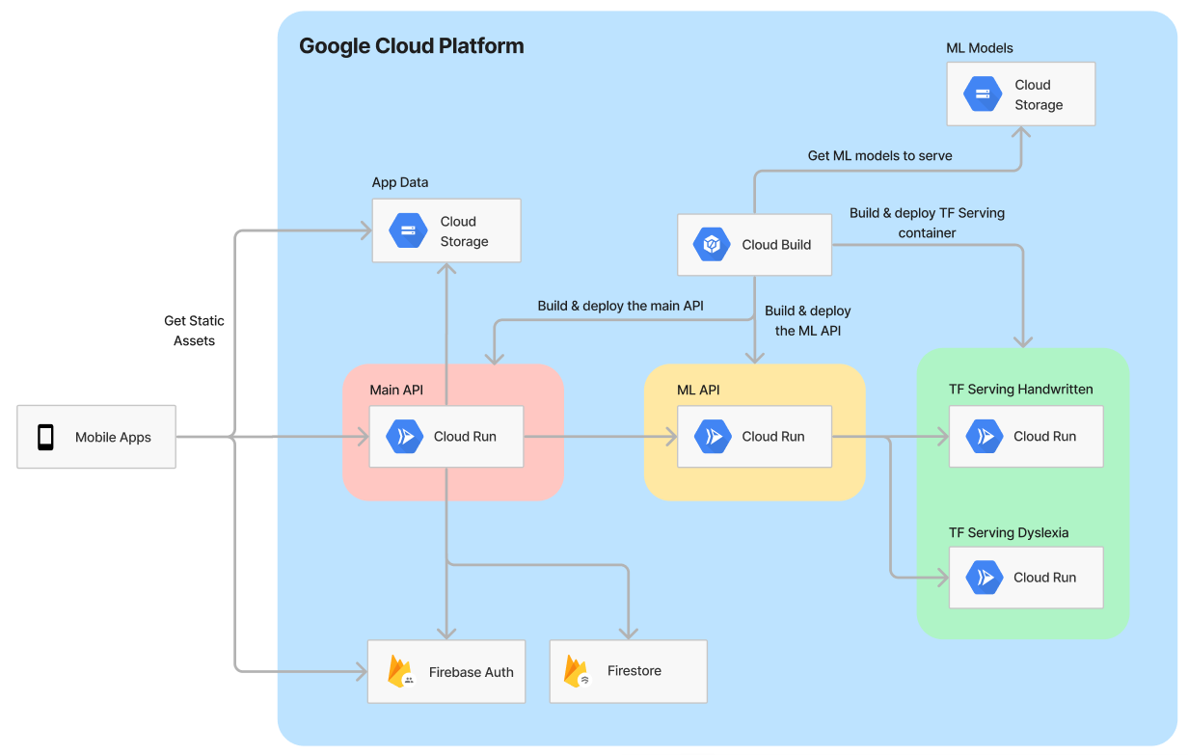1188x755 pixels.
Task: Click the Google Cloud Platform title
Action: [x=411, y=46]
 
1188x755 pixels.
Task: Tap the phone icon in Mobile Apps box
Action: [x=45, y=437]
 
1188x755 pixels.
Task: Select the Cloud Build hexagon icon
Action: [x=712, y=244]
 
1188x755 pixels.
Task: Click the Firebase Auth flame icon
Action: [x=401, y=672]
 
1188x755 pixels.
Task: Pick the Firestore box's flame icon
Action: [x=577, y=671]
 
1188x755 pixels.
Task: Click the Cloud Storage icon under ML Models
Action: [x=983, y=94]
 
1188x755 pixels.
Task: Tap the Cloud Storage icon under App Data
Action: [x=408, y=230]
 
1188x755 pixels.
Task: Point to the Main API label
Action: [x=396, y=390]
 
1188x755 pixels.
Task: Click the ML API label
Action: [x=698, y=390]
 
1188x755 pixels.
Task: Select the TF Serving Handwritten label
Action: [x=1020, y=390]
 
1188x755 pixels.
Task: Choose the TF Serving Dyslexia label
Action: [x=1009, y=532]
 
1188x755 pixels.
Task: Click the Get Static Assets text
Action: [x=194, y=331]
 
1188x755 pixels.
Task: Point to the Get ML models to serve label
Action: [x=879, y=155]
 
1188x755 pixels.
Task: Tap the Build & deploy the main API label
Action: [x=620, y=306]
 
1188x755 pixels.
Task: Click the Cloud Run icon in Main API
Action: [x=404, y=437]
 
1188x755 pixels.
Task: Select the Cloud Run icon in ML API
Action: [x=713, y=437]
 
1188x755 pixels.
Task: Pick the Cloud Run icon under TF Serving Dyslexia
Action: [x=984, y=578]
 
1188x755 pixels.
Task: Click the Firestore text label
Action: [x=634, y=671]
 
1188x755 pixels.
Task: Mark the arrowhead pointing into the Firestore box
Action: [x=629, y=634]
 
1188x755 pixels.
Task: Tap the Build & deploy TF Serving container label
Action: [x=927, y=223]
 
